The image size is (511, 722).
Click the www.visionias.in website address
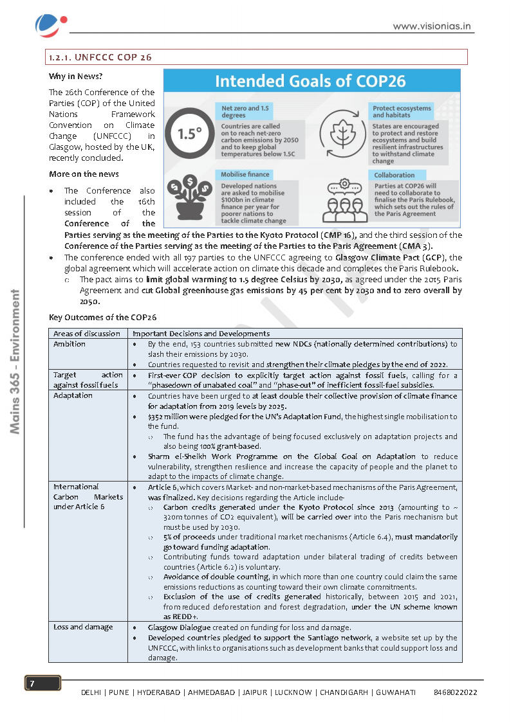(432, 26)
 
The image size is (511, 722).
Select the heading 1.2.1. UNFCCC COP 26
(100, 57)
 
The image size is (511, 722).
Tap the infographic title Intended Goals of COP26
(310, 81)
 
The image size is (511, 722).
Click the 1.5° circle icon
(187, 134)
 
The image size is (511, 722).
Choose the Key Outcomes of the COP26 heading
(102, 318)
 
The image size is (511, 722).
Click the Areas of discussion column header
(87, 334)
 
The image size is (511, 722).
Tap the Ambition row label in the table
(70, 344)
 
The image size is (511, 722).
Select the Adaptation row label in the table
(73, 395)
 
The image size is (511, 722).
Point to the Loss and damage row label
(83, 627)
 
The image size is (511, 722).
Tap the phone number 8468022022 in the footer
(456, 692)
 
